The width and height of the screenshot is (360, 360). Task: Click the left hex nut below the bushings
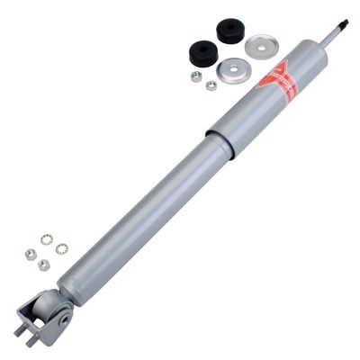(196, 76)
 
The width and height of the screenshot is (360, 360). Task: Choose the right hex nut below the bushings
(211, 85)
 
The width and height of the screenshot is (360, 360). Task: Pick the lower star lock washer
(60, 249)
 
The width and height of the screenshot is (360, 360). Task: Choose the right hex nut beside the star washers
(43, 265)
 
